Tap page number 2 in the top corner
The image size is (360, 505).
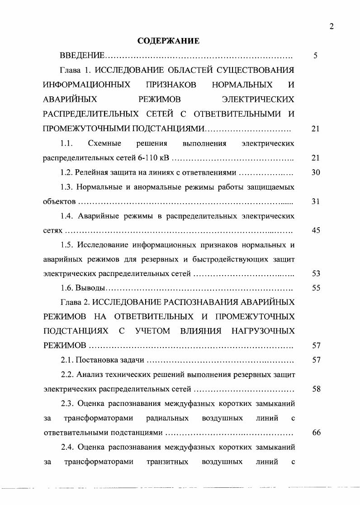click(x=332, y=27)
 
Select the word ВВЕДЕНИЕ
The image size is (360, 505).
click(x=82, y=56)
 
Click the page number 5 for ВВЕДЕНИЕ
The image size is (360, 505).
click(x=316, y=56)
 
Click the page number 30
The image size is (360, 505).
click(x=316, y=173)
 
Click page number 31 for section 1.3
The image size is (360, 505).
click(x=316, y=202)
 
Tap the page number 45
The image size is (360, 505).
click(x=316, y=230)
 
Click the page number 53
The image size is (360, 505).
click(x=316, y=273)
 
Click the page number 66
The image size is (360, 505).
click(x=316, y=432)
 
